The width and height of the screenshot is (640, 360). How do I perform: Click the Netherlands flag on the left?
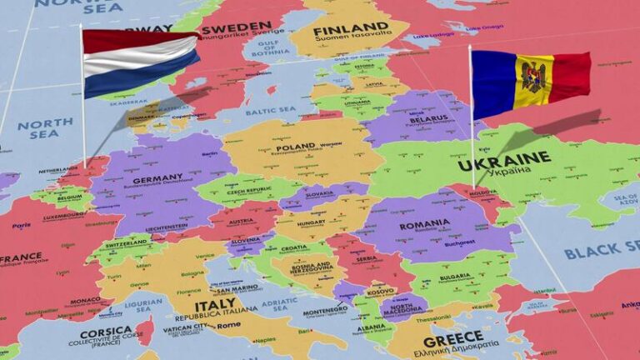(140, 62)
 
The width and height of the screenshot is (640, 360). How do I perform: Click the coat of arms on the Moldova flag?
(532, 77)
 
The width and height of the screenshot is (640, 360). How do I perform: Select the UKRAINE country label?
(515, 157)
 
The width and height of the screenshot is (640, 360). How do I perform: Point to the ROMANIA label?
(424, 225)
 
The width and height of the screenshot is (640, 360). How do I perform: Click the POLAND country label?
(296, 147)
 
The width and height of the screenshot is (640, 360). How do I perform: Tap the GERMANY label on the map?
(157, 178)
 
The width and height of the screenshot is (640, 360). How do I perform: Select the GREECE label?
(452, 341)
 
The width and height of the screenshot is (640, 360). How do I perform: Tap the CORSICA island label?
(106, 331)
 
